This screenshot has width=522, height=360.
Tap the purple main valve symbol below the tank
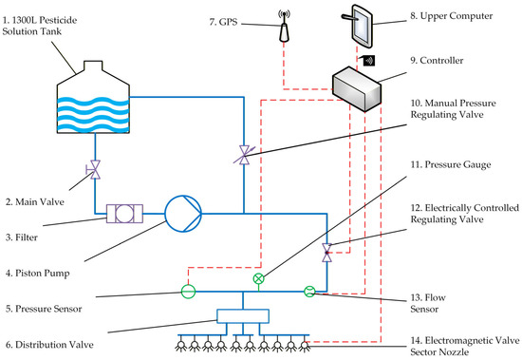point(94,170)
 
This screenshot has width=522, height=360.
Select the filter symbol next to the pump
point(124,214)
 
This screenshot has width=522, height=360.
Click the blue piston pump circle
point(183,214)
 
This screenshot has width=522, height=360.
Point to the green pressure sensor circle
point(188,292)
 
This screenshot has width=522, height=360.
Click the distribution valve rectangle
point(243,316)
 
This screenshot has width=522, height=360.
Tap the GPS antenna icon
point(284,26)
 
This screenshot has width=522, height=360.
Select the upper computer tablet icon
point(357,26)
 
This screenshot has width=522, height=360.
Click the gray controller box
point(357,88)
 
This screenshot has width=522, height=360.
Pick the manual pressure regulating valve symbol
point(245,156)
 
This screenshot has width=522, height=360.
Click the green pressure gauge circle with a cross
point(259,278)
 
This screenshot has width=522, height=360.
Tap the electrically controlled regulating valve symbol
point(326,253)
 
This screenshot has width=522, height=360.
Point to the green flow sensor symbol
point(309,292)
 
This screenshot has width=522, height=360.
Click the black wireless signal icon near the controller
point(369,61)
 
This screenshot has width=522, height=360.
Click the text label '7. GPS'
point(223,22)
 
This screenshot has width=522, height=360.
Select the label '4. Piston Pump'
point(38,274)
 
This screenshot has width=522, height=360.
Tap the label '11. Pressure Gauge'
point(451,164)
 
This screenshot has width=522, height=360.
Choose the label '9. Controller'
point(437,61)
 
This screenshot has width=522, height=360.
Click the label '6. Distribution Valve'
point(49,345)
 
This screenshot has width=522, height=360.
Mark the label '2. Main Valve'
point(35,202)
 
